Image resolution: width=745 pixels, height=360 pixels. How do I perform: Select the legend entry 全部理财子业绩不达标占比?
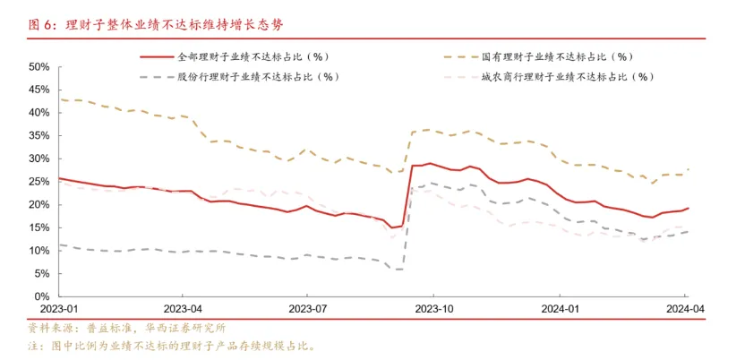pos(249,56)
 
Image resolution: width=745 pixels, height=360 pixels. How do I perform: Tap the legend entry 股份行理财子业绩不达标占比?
pos(254,76)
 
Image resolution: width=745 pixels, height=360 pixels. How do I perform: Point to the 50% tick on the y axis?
pos(38,67)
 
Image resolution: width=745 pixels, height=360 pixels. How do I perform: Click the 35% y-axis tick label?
pos(38,136)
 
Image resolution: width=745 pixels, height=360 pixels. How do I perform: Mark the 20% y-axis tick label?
pos(38,204)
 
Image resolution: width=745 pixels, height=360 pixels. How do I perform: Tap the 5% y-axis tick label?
pos(40,273)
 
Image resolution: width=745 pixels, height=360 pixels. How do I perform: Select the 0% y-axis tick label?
pos(40,296)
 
